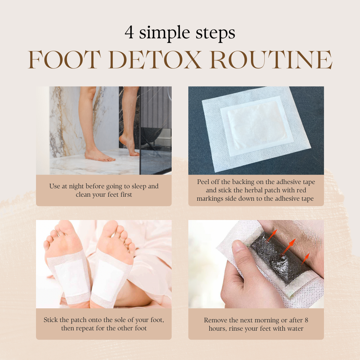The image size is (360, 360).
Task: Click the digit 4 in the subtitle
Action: (129, 32)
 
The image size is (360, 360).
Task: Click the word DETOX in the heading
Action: (155, 59)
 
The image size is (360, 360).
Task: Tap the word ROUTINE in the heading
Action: (271, 59)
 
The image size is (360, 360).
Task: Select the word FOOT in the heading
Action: (64, 59)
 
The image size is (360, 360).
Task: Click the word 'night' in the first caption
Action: (77, 186)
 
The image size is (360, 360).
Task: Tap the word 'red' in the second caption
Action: (301, 190)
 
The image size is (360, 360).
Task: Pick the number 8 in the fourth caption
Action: (306, 320)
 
